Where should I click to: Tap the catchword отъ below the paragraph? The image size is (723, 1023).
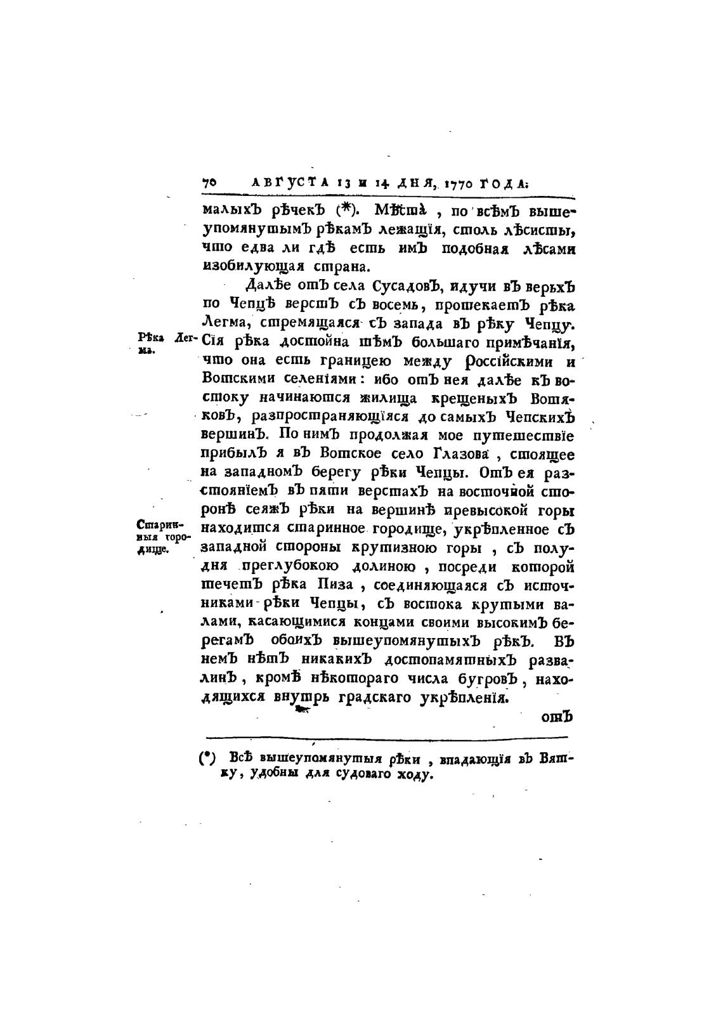[x=556, y=717]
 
